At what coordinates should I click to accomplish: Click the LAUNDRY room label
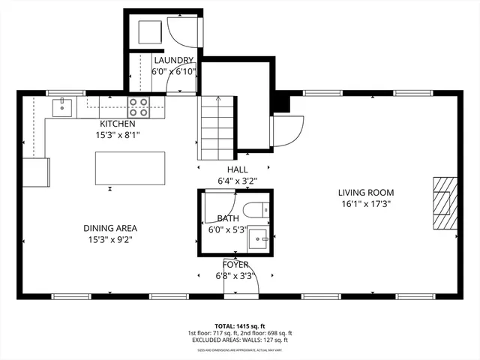tap(174, 61)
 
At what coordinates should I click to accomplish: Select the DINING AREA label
tap(110, 228)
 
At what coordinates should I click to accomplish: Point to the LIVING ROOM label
tap(365, 192)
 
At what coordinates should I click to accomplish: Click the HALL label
tap(232, 170)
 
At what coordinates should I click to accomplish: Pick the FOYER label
tap(235, 265)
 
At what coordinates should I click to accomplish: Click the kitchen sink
tap(61, 107)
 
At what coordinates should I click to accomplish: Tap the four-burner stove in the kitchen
tap(138, 106)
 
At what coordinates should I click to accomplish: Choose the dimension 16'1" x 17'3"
tap(365, 203)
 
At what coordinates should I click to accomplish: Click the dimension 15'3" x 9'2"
tap(110, 239)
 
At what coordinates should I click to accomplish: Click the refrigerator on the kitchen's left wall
tap(36, 172)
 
